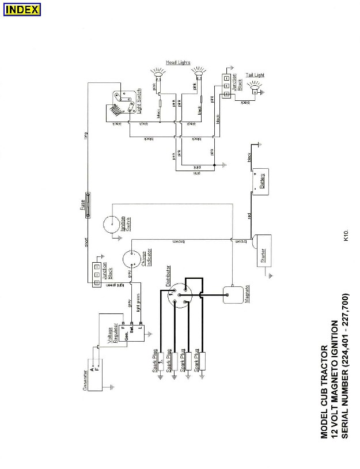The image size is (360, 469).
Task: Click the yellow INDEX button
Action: click(x=22, y=10)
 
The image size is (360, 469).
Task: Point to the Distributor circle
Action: click(x=180, y=296)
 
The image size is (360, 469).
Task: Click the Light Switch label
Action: click(x=139, y=103)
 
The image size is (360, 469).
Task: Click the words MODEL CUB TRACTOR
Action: click(x=325, y=392)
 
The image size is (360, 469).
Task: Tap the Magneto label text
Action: click(x=245, y=296)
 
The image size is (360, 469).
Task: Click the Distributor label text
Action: click(x=168, y=277)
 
